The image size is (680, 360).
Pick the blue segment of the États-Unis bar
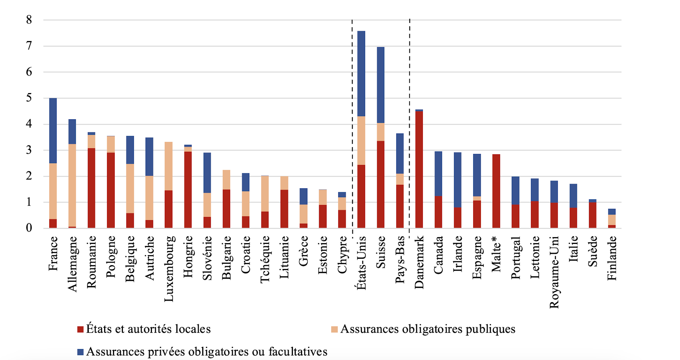point(361,74)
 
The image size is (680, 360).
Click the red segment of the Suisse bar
point(381,184)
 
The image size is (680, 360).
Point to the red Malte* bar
point(496,191)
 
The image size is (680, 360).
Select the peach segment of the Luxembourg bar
point(169,166)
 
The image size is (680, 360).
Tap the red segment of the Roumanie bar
point(91,188)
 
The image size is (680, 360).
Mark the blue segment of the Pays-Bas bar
point(400,153)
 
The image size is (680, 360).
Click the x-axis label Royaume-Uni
point(554,272)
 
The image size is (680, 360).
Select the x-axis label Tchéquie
point(265,259)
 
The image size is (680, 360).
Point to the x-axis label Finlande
point(612,258)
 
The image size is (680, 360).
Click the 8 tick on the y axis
point(29,20)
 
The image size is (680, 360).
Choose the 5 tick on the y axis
point(29,98)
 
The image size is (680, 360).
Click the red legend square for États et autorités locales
point(80,330)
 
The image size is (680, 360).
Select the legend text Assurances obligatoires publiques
point(427,329)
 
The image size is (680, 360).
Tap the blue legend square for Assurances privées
point(80,352)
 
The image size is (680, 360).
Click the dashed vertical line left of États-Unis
point(352,124)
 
